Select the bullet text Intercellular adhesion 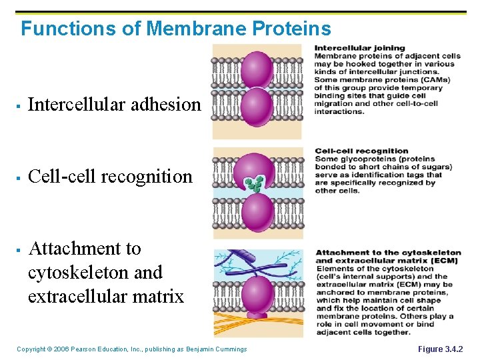pos(114,105)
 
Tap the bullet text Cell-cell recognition pos(110,177)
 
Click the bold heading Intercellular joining pos(359,48)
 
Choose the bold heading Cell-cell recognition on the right pos(361,151)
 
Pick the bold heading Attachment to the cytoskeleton pos(387,253)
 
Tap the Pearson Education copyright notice pos(131,349)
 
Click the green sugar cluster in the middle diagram pos(253,183)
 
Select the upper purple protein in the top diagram pos(257,69)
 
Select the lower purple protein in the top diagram pos(257,107)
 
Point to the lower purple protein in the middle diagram pos(257,212)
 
